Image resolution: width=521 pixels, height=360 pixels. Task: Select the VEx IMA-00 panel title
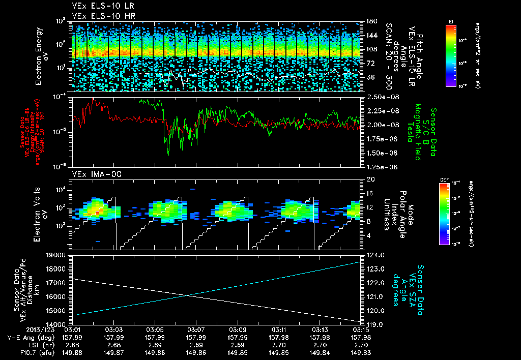[92, 174]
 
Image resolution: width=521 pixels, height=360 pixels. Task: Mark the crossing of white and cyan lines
[187, 295]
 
